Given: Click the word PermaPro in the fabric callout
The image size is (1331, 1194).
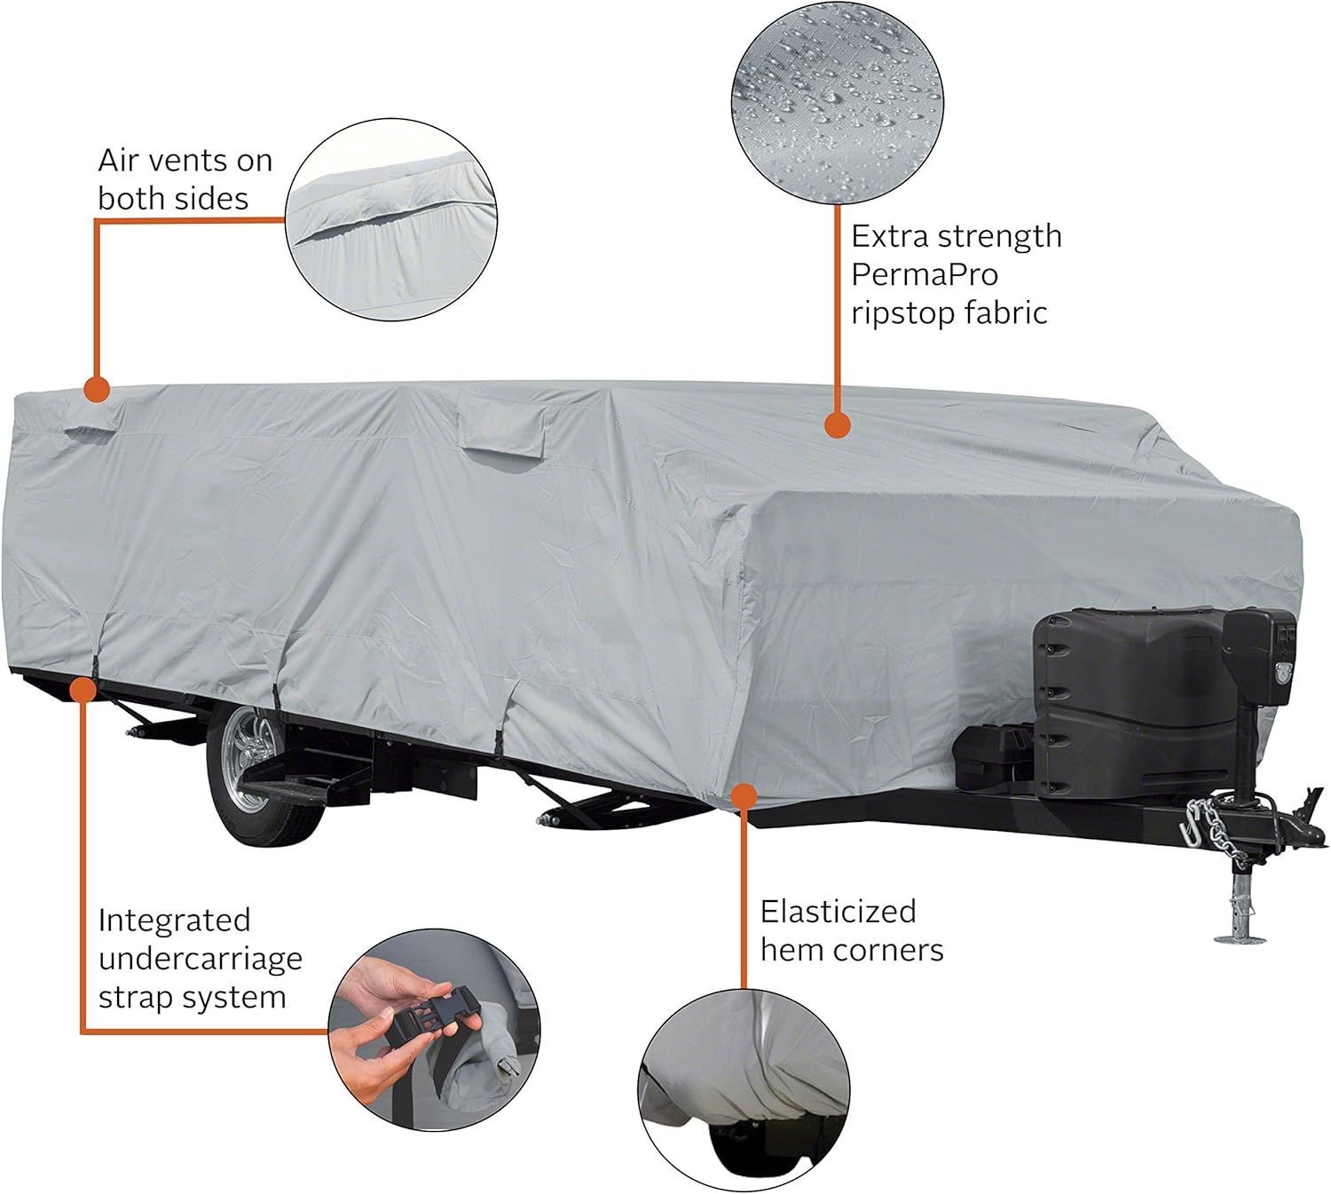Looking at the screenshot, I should [924, 275].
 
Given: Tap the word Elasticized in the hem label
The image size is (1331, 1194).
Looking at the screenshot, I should [838, 912].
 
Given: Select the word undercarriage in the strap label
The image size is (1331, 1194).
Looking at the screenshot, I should [200, 959].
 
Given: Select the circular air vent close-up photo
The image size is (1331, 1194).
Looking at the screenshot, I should [391, 218].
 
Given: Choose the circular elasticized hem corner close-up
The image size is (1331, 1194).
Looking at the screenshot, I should [744, 1087].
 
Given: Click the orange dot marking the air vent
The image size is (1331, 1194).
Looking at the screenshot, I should [96, 389].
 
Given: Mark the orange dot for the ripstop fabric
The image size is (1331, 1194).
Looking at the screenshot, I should [837, 425].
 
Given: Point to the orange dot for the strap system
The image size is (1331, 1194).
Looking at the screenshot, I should [83, 689].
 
